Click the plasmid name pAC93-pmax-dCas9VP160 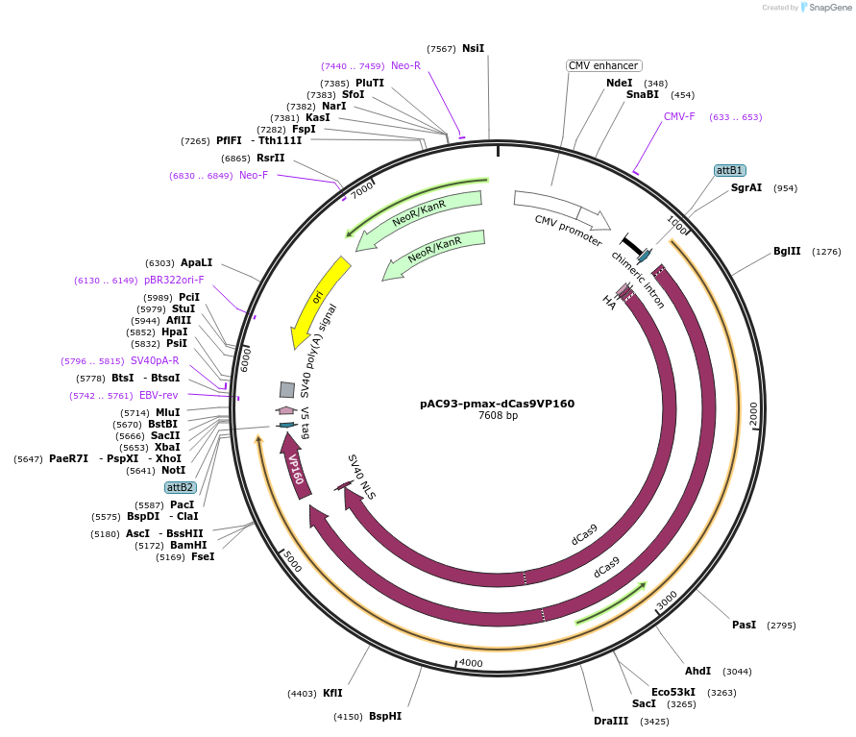coord(497,404)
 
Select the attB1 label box coord(730,170)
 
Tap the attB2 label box coord(180,487)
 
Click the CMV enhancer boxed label coord(603,65)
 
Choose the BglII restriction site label coord(787,252)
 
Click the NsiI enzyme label coord(473,48)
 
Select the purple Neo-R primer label coord(405,65)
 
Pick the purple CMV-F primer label coord(679,116)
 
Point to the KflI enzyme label coord(332,693)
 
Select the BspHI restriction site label coord(385,716)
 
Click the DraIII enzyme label coord(611,721)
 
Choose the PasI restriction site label coord(744,625)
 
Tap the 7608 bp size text coord(497,416)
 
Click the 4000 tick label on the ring coord(471,663)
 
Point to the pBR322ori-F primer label coord(174,280)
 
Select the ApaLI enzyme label coord(196,262)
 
